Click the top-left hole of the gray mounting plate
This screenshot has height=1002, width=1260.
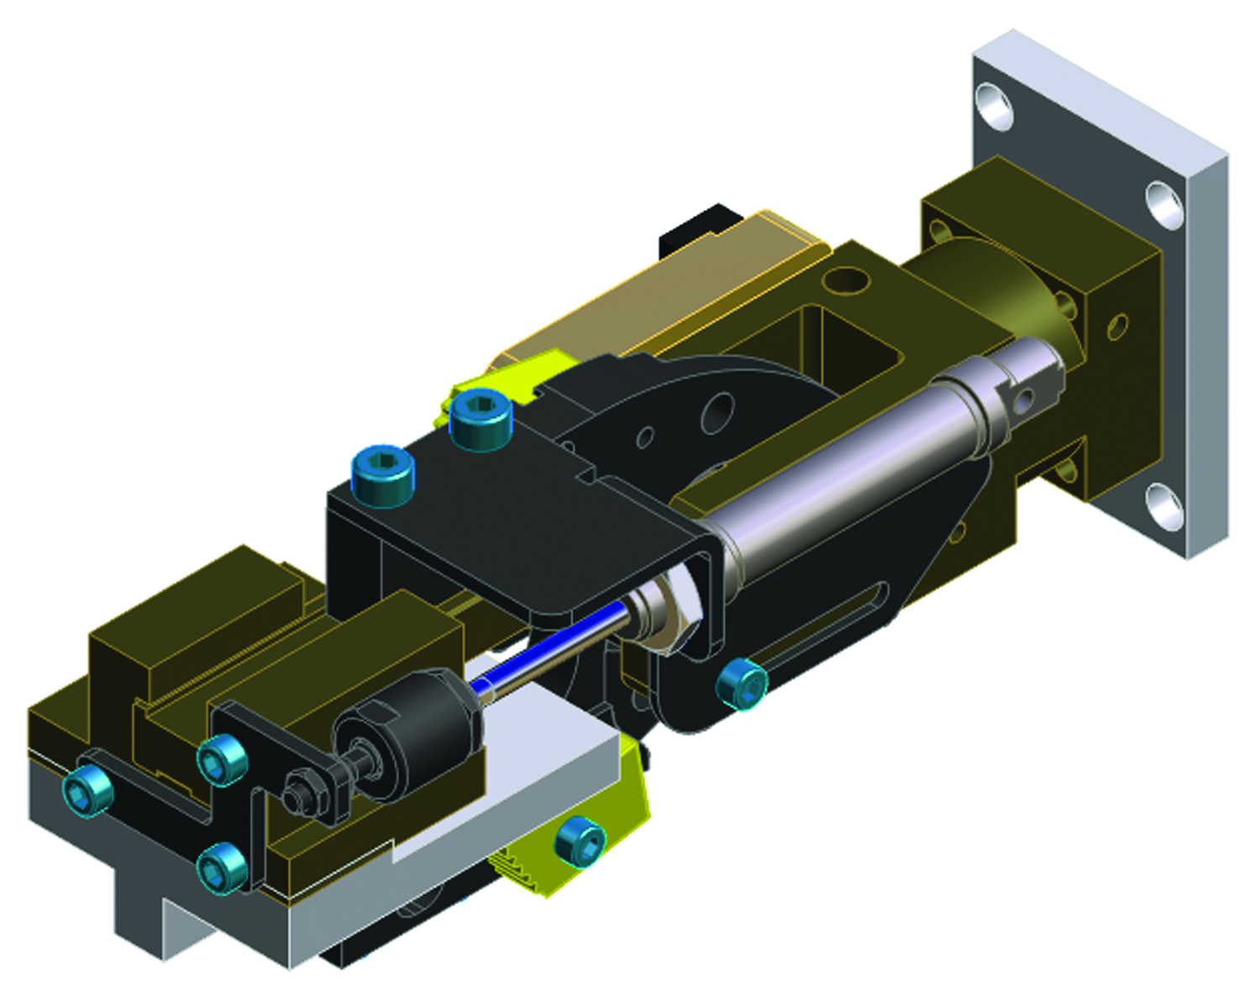994,104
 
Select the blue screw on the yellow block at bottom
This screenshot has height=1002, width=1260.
580,842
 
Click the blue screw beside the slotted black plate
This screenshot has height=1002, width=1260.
741,684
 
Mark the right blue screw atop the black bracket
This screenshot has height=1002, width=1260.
480,417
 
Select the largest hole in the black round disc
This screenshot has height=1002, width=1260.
717,412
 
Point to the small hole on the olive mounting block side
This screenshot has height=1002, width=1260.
1118,326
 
